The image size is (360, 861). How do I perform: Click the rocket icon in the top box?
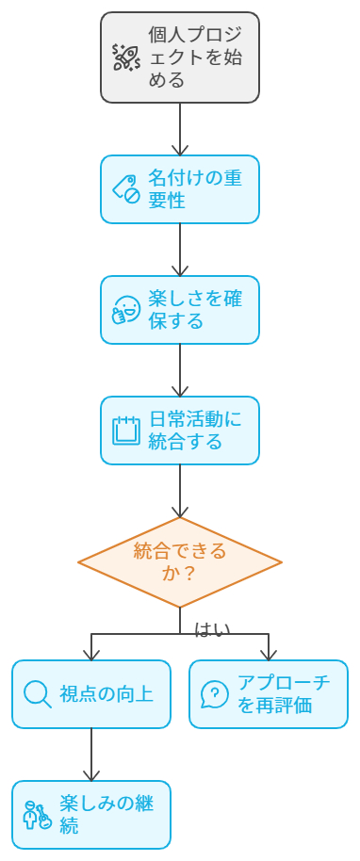coord(126,57)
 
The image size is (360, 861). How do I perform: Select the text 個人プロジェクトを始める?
coord(195,57)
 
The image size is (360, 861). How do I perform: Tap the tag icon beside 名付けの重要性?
coord(126,189)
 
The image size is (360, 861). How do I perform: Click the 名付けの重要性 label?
coord(195,189)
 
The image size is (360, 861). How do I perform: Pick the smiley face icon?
coord(126,310)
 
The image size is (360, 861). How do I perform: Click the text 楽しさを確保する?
coord(195,310)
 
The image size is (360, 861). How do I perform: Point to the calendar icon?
coord(126,430)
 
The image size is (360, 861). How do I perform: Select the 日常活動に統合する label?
coord(195,430)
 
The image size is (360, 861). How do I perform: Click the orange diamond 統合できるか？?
coord(180,562)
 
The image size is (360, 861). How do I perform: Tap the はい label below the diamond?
coord(211,629)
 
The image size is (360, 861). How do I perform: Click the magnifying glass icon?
coord(37,694)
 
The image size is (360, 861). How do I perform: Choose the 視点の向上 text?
coord(106,694)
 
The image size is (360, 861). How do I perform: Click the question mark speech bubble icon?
coord(215,694)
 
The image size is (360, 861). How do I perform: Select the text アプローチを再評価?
coord(284,694)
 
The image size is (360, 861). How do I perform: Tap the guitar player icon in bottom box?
coord(37,815)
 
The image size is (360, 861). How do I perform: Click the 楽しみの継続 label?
coord(106,815)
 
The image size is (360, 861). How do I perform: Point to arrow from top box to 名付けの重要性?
coord(180,130)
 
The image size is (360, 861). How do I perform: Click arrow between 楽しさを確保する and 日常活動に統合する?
coord(180,370)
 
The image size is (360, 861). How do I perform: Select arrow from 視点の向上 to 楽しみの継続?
coord(91,755)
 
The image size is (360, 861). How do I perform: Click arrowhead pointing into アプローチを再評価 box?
coord(269,654)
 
